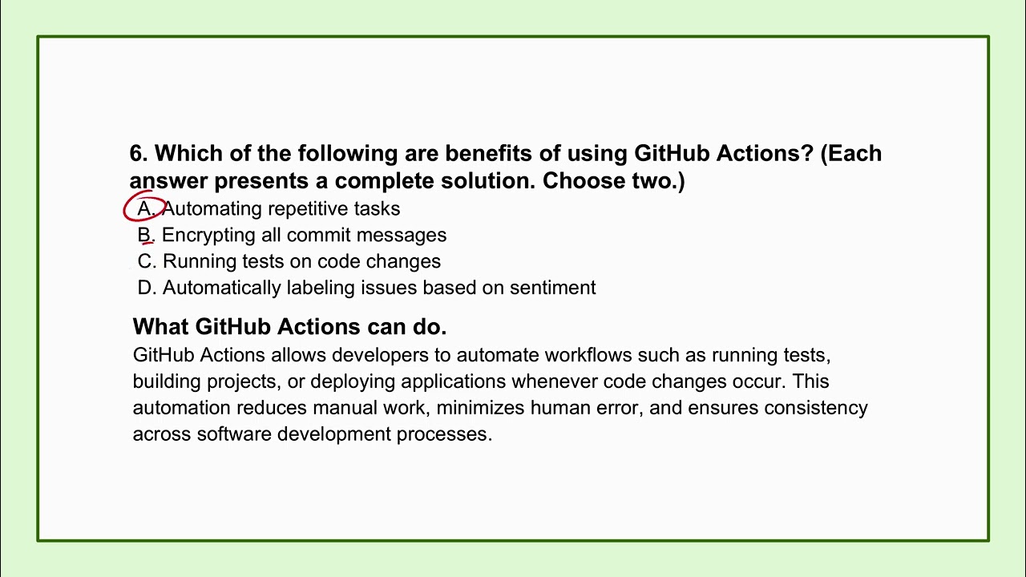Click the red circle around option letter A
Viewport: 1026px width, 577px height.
coord(144,208)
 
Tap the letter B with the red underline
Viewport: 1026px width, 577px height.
coord(145,235)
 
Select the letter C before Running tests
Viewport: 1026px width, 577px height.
coord(145,261)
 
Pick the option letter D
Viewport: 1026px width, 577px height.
coord(145,288)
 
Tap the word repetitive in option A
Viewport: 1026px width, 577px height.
coord(309,208)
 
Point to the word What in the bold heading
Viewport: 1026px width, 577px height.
coord(161,327)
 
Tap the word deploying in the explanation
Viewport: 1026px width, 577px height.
coord(352,381)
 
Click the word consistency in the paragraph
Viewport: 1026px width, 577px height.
coord(815,408)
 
